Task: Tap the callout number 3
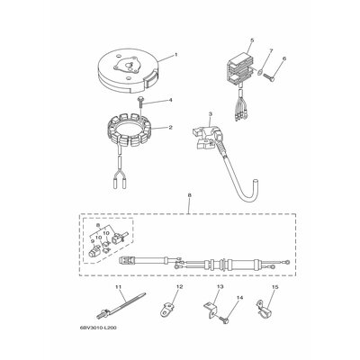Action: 211,113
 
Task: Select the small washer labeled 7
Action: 259,71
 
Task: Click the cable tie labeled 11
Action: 121,306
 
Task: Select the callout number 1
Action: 176,55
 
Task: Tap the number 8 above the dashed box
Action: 189,195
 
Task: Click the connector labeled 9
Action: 93,250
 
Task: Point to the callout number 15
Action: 275,287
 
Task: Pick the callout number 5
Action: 252,40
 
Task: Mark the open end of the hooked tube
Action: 256,182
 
